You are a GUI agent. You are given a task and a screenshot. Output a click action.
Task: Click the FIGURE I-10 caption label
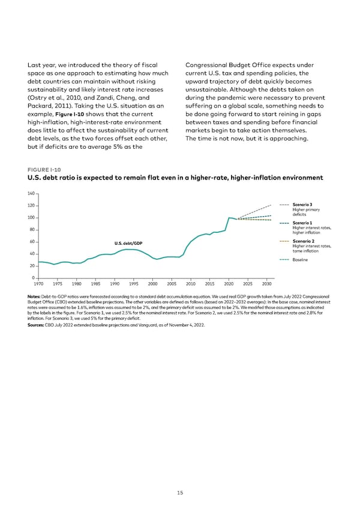tap(40, 169)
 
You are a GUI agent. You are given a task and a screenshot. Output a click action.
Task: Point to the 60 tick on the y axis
tap(31, 242)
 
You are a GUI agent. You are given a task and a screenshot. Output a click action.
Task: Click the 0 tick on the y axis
tap(33, 277)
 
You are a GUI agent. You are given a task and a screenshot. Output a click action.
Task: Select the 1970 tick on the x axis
tap(39, 284)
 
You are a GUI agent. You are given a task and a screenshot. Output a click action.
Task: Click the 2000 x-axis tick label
tap(152, 284)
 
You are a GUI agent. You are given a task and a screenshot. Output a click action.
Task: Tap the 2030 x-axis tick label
tap(266, 284)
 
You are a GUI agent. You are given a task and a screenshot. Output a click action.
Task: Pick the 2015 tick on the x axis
tap(209, 284)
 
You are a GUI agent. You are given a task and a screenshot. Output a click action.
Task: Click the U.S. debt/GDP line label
tap(129, 242)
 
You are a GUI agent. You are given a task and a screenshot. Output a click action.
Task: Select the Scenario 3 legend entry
tap(302, 205)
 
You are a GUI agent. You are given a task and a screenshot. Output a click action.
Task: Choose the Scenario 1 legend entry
tap(302, 223)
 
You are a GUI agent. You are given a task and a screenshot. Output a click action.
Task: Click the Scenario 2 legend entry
tap(302, 241)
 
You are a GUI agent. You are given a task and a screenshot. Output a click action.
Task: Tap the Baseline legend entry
tap(300, 259)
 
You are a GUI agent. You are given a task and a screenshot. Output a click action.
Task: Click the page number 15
tap(179, 493)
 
